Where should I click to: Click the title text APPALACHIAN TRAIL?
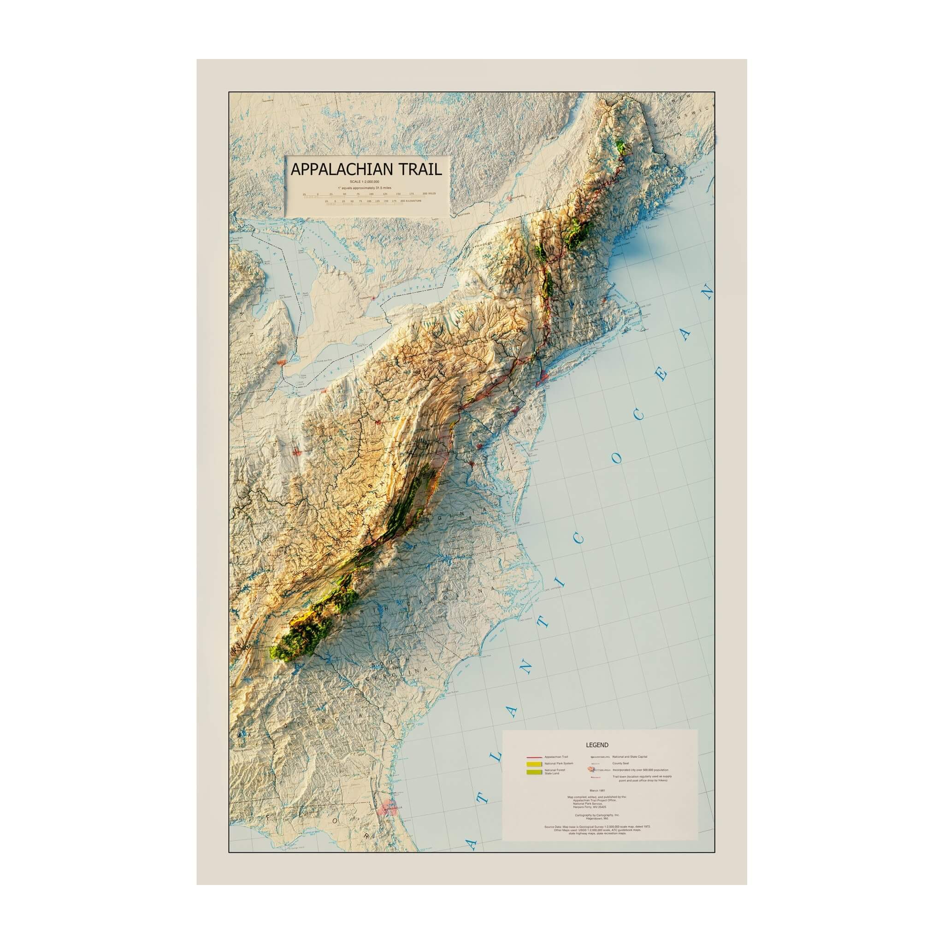tap(366, 170)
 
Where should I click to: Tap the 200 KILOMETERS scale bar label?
tap(410, 201)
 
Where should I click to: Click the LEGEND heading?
tap(597, 745)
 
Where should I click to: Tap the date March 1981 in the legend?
tap(597, 790)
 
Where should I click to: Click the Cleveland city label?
tap(318, 389)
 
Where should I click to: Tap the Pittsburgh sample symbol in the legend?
tap(599, 770)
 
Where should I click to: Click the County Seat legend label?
tap(620, 763)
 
